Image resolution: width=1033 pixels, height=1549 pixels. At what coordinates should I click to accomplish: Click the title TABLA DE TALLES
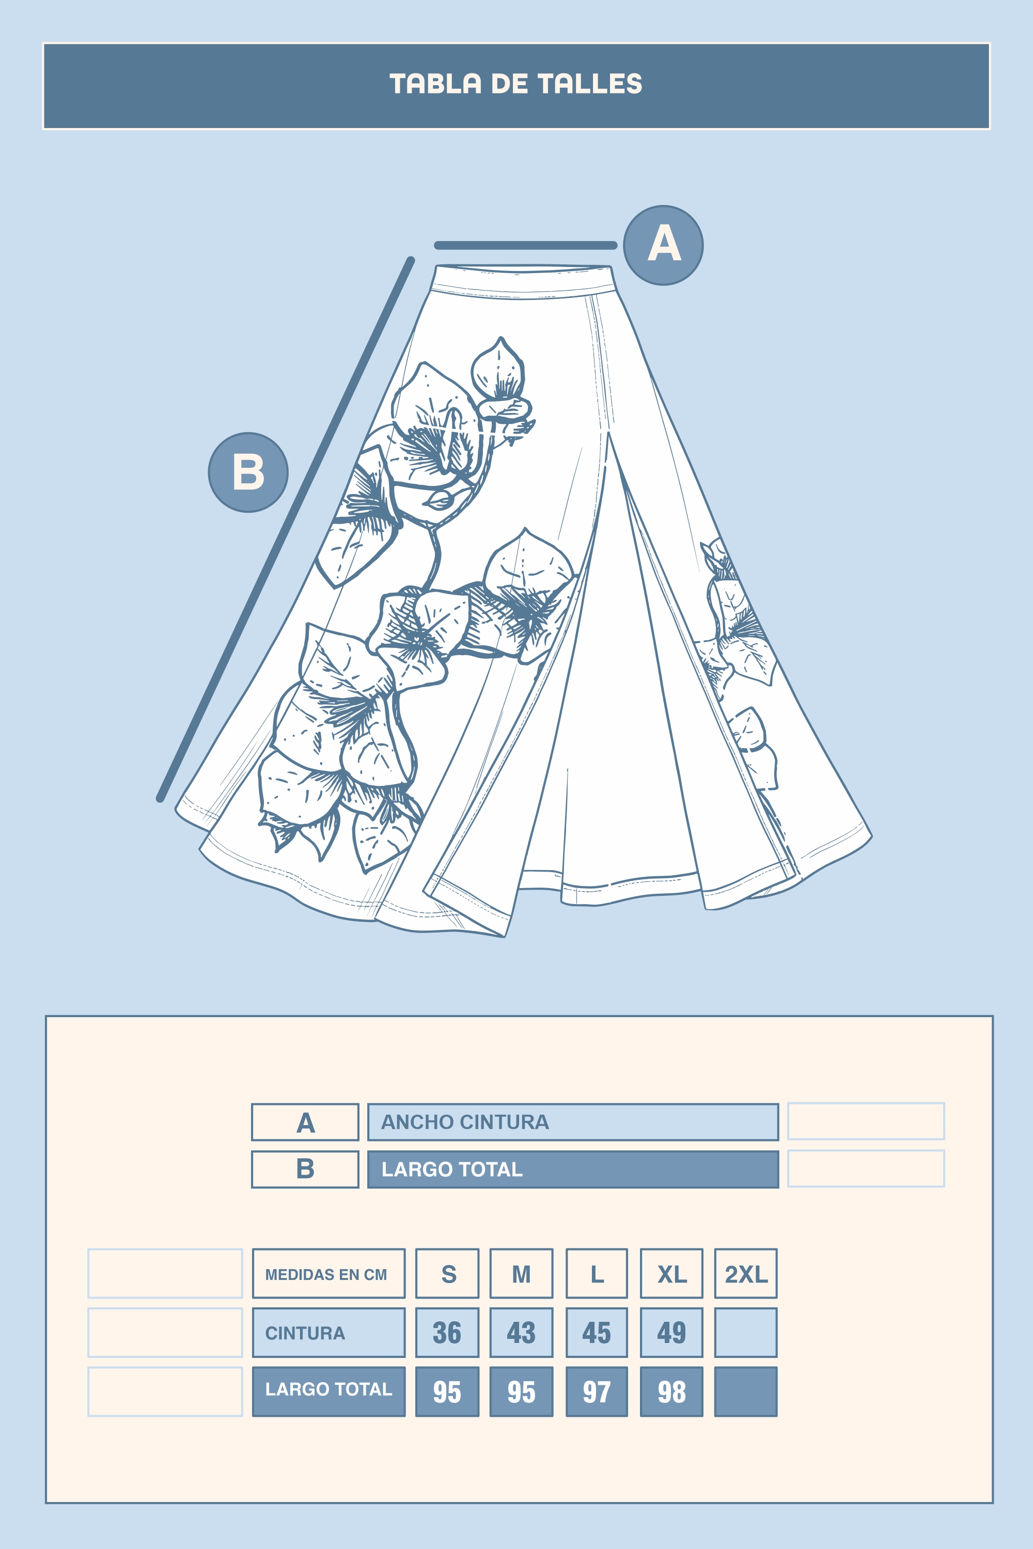click(516, 84)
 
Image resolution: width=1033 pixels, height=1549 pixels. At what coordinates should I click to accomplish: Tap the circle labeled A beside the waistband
click(663, 245)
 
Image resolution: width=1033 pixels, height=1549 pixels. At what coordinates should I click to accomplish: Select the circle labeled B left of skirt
click(248, 472)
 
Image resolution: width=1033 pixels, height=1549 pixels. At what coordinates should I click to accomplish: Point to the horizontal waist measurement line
click(526, 245)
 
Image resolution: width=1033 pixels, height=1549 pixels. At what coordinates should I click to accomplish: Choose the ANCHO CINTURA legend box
click(572, 1121)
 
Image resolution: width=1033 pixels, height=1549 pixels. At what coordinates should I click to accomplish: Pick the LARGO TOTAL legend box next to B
click(572, 1169)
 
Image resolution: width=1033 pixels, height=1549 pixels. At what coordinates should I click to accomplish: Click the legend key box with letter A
click(305, 1121)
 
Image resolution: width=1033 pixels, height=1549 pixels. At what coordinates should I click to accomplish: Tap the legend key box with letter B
click(305, 1169)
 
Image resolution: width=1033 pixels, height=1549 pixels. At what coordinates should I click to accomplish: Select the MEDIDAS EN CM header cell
click(328, 1273)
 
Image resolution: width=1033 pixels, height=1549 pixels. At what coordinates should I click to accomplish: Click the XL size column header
click(671, 1273)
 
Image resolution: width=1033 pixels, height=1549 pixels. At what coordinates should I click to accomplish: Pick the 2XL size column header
click(746, 1273)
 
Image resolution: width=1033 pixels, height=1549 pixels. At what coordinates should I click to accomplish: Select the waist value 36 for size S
click(447, 1332)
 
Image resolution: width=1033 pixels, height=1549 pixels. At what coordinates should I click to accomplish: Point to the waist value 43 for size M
click(521, 1332)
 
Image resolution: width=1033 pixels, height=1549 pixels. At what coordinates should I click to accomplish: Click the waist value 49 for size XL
click(671, 1332)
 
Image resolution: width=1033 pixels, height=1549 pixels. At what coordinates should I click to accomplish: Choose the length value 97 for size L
click(596, 1391)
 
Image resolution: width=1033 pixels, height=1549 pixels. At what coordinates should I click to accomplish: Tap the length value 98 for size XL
click(671, 1391)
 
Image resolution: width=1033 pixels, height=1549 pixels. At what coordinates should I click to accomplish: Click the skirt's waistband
click(524, 281)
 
